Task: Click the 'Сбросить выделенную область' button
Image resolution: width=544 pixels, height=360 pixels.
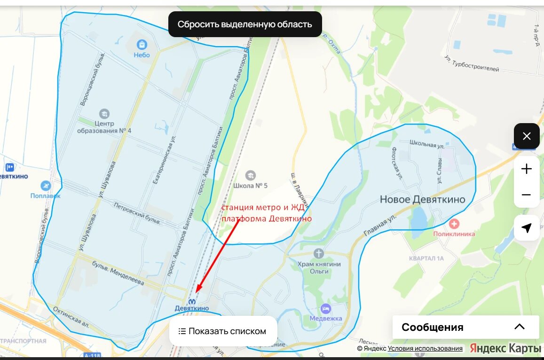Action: (245, 24)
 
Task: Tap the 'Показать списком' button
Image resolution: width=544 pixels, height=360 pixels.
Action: (223, 331)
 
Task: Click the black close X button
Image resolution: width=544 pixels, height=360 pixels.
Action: (527, 136)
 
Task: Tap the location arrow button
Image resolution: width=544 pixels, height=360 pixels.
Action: (527, 228)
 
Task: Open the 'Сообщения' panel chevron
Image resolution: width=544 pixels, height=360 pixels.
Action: (519, 327)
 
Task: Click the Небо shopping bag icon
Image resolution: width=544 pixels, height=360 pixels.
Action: (142, 45)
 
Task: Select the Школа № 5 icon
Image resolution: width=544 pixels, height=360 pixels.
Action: (251, 175)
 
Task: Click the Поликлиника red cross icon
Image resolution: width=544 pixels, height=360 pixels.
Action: (454, 224)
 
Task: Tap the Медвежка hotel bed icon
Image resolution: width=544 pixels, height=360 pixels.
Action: (326, 309)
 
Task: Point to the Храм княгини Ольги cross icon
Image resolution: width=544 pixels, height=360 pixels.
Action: (319, 254)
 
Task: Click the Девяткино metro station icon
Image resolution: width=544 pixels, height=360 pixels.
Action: (192, 301)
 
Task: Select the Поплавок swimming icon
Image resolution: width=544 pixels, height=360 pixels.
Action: (46, 186)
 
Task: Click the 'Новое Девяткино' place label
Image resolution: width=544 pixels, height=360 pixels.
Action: (422, 200)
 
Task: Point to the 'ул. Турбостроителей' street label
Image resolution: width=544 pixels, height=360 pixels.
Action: (472, 64)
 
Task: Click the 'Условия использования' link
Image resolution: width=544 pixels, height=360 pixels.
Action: (425, 348)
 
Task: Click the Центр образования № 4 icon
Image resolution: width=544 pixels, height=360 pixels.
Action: (104, 113)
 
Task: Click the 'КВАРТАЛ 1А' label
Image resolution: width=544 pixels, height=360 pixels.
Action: (426, 258)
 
